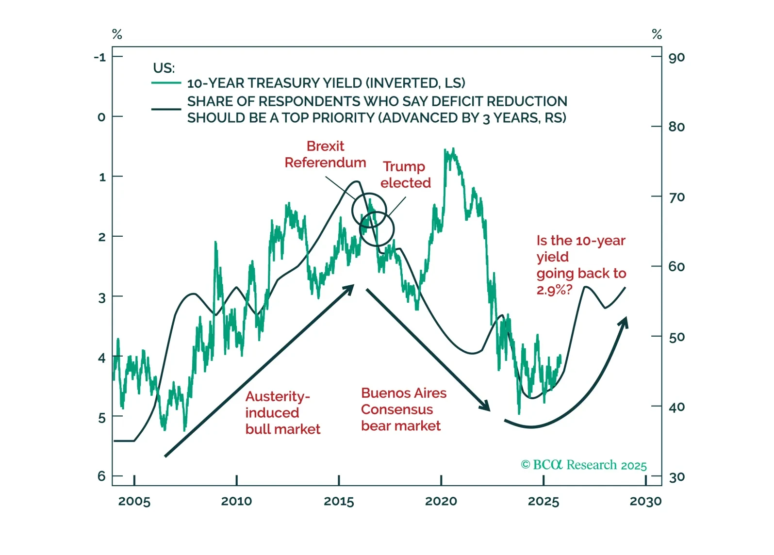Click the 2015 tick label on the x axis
point(339,501)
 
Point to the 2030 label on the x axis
point(645,501)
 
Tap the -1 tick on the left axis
point(100,57)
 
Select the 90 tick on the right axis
point(676,58)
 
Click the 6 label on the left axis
point(101,476)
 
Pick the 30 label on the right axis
point(676,477)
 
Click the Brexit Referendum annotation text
point(325,154)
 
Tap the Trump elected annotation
point(405,175)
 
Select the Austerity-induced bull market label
point(282,413)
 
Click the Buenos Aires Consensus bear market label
point(403,409)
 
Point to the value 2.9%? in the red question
point(554,290)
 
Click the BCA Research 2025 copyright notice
point(584,465)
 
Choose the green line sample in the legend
point(166,83)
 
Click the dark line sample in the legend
point(166,109)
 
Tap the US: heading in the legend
point(164,68)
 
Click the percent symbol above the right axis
point(657,34)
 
